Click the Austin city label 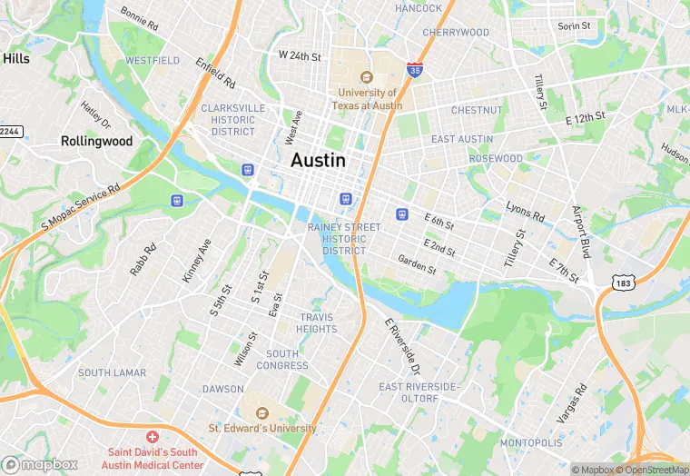[318, 160]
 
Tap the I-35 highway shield [415, 70]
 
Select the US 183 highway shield [621, 283]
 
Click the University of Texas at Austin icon [368, 78]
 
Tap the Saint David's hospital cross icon [153, 438]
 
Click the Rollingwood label [96, 141]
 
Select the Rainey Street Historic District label [337, 238]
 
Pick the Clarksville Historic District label [233, 119]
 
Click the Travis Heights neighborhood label [317, 322]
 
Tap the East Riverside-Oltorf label [420, 392]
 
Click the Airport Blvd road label [581, 232]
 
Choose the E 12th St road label [585, 119]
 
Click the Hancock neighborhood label [418, 8]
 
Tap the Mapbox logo [40, 464]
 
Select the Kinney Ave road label [196, 261]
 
